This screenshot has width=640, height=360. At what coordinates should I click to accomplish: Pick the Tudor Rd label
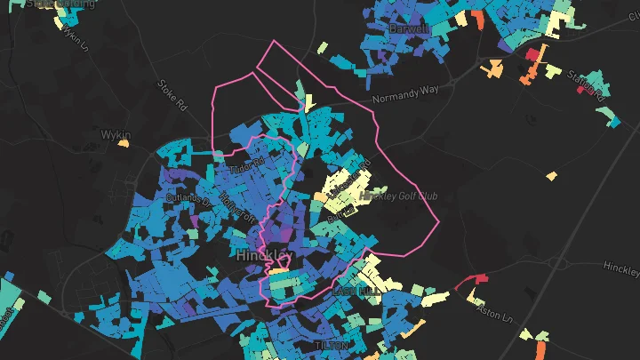click(248, 164)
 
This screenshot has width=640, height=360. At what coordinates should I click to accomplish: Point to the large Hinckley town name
click(265, 255)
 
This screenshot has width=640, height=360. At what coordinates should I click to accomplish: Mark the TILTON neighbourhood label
click(332, 344)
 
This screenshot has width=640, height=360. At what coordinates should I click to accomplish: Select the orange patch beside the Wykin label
click(124, 143)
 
